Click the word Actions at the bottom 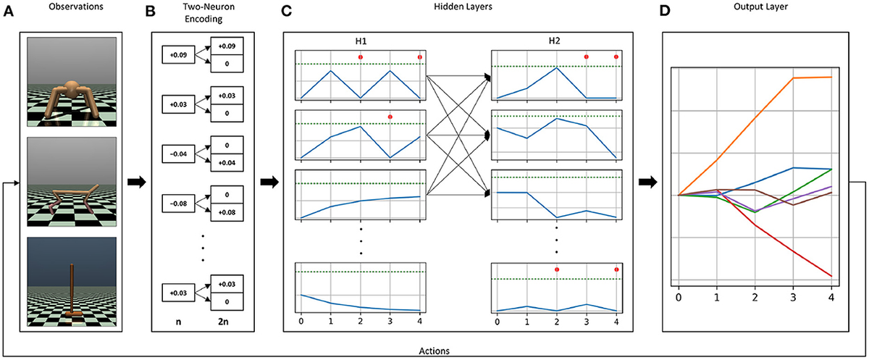click(434, 351)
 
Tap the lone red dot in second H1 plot click(390, 117)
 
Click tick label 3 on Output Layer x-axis click(794, 297)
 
